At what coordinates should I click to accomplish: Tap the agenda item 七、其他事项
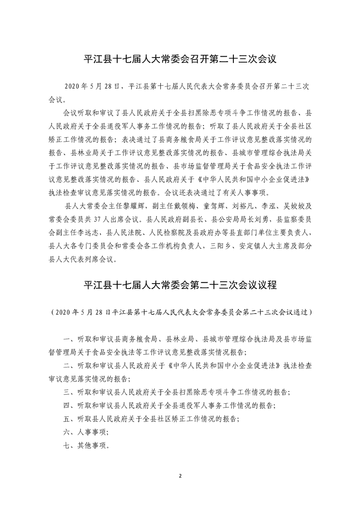(86, 445)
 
